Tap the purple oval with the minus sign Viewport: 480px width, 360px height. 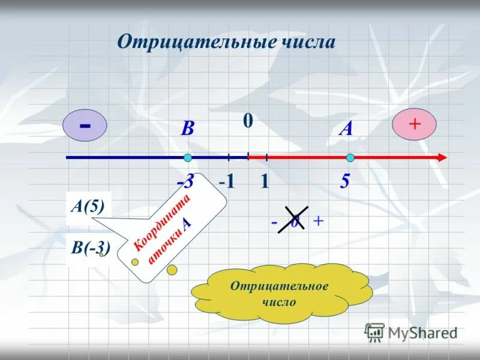(x=85, y=126)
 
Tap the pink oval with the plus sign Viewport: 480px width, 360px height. (x=414, y=125)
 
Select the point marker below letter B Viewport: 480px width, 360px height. (x=188, y=158)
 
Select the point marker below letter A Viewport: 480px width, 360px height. (x=350, y=158)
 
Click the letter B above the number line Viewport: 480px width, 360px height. (x=188, y=129)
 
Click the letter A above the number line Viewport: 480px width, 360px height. (x=346, y=128)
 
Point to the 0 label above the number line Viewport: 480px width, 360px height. (x=248, y=121)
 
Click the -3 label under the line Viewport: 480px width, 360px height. (x=185, y=182)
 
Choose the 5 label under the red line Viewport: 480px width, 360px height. (x=345, y=182)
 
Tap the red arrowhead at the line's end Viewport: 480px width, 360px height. (x=442, y=158)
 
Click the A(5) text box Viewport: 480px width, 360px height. (x=88, y=207)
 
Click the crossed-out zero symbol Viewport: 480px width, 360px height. (x=295, y=220)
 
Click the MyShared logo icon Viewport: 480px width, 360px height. (x=374, y=331)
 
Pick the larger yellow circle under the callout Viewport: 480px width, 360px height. (x=172, y=270)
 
